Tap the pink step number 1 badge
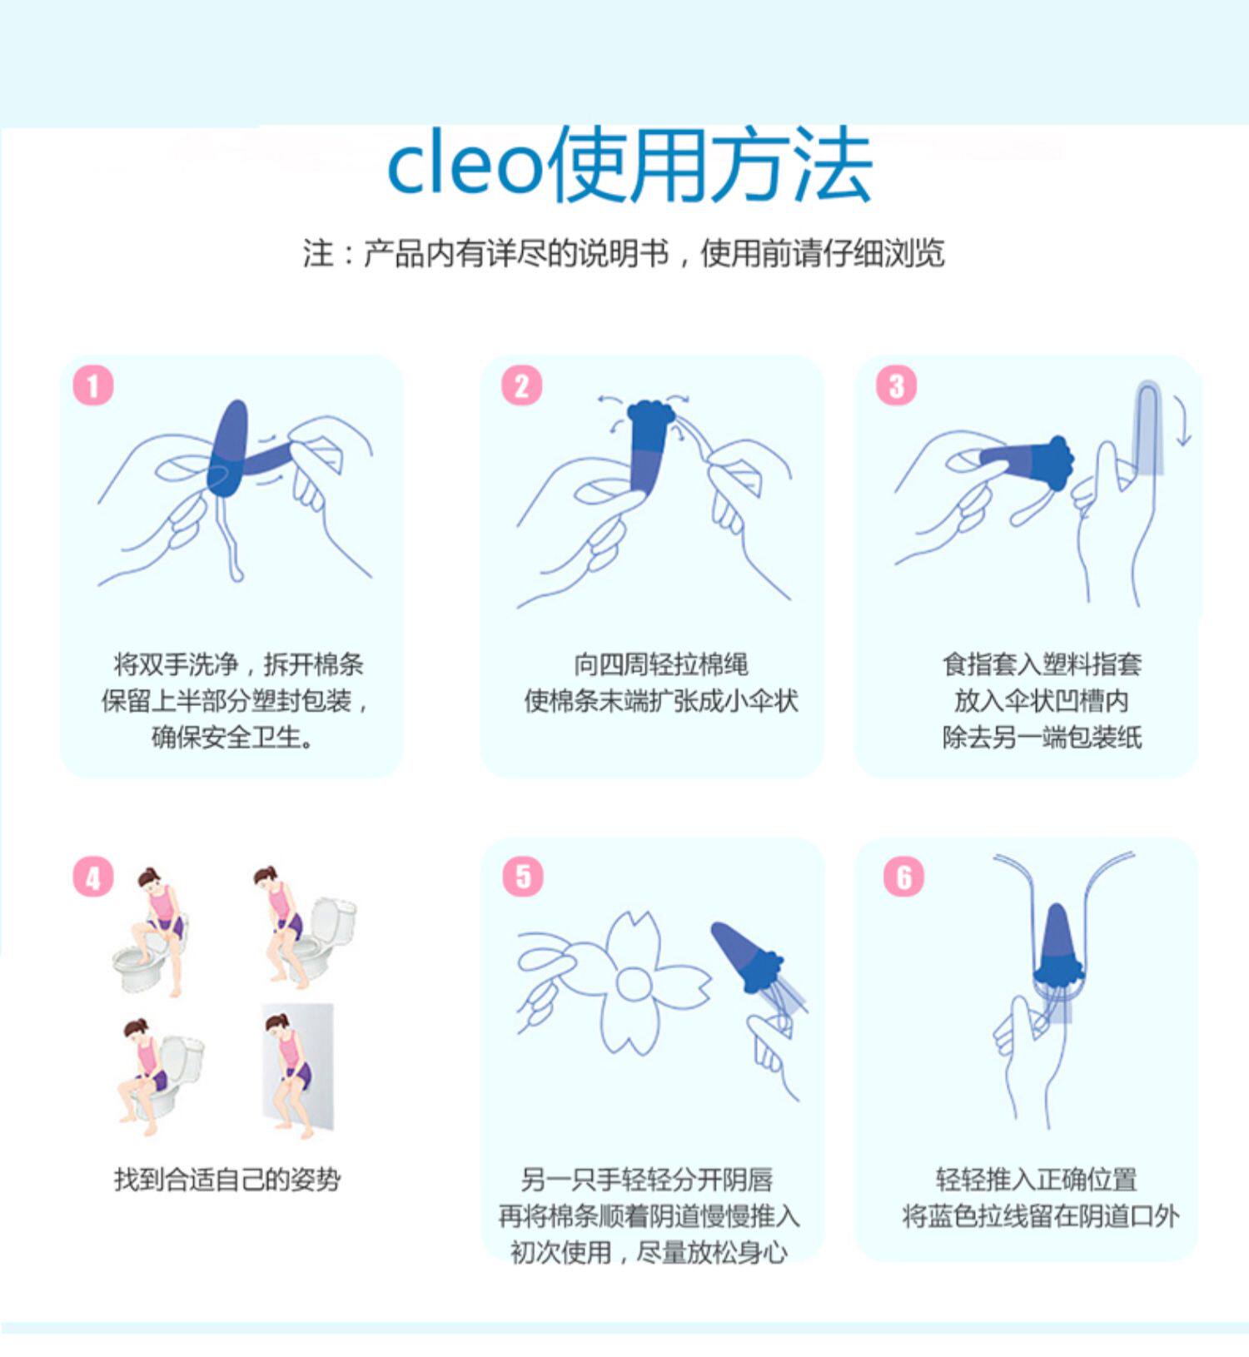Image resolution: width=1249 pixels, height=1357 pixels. (x=92, y=385)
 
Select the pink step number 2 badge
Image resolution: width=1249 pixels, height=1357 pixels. (x=521, y=385)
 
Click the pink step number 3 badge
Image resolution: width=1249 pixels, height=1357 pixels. (x=896, y=385)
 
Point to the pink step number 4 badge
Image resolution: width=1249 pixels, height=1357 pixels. (x=92, y=877)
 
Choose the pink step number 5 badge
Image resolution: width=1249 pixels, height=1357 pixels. (x=523, y=877)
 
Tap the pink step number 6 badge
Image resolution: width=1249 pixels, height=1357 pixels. (x=904, y=877)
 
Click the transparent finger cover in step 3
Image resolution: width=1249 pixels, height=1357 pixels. (x=1149, y=428)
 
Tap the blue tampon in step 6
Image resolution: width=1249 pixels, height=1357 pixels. (x=1057, y=945)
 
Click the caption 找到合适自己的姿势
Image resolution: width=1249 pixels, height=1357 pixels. (x=227, y=1179)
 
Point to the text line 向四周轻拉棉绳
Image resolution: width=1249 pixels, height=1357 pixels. (x=660, y=664)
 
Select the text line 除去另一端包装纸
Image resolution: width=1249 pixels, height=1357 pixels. (x=1042, y=737)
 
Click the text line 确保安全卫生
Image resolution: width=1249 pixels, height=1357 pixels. (x=232, y=737)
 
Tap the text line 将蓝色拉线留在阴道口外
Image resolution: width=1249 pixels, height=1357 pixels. (x=1041, y=1216)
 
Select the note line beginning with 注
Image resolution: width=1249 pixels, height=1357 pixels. (x=624, y=253)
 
